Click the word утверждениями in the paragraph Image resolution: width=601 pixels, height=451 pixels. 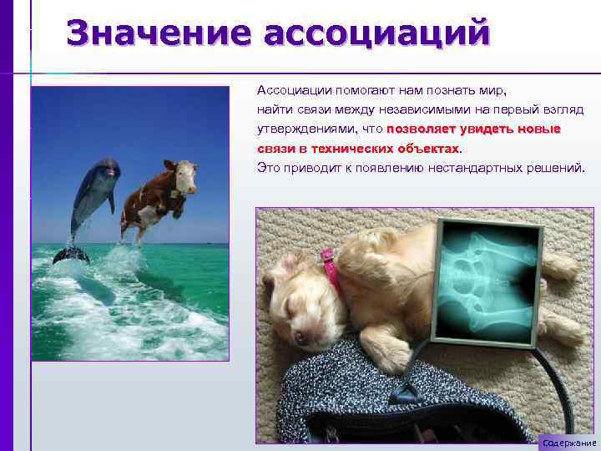307,129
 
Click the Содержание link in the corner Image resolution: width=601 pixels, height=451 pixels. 568,443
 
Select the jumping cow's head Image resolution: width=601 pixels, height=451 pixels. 185,175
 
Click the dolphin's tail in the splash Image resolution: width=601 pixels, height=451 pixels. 71,253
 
